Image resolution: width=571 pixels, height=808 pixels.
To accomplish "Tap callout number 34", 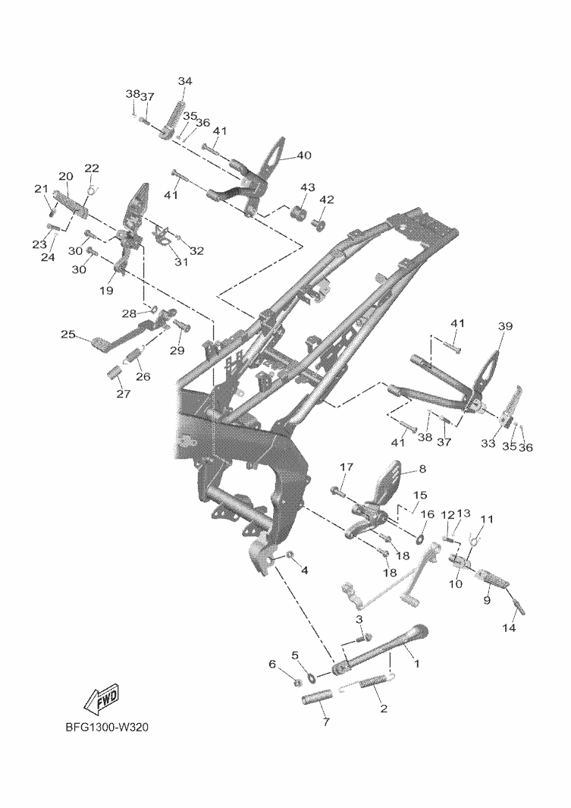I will tap(185, 81).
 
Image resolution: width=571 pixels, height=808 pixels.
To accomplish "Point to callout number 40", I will tap(304, 156).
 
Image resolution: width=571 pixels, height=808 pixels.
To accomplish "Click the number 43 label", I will tap(307, 187).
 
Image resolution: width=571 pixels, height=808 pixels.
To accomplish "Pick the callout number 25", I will tap(68, 334).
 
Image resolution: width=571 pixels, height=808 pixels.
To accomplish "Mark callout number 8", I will tap(422, 469).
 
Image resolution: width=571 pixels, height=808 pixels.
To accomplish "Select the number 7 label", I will tap(326, 722).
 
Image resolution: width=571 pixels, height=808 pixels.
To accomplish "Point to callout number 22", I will tap(92, 168).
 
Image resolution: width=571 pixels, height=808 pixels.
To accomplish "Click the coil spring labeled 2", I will tap(367, 684).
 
